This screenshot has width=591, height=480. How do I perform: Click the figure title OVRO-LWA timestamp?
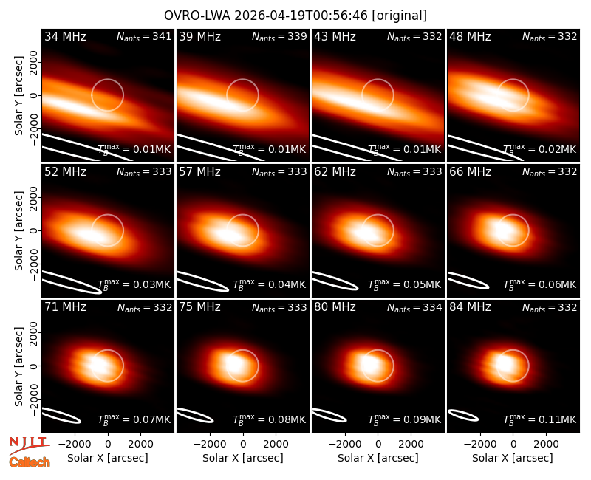pyautogui.click(x=295, y=16)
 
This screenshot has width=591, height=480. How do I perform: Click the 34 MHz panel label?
pyautogui.click(x=65, y=36)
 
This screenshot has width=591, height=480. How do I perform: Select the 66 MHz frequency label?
pyautogui.click(x=470, y=172)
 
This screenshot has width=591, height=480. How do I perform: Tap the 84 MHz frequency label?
pyautogui.click(x=470, y=307)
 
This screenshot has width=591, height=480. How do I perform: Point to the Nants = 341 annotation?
pyautogui.click(x=144, y=36)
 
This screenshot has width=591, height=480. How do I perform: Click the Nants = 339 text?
pyautogui.click(x=279, y=36)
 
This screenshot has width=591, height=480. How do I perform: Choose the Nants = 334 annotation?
pyautogui.click(x=414, y=307)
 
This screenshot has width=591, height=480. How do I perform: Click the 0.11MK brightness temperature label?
pyautogui.click(x=540, y=419)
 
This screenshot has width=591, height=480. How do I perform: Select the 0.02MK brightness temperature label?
pyautogui.click(x=540, y=149)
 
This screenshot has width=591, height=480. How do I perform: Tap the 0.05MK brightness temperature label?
pyautogui.click(x=404, y=284)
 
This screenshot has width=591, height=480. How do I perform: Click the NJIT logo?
pyautogui.click(x=29, y=445)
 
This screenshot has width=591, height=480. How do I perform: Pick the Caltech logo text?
pyautogui.click(x=30, y=462)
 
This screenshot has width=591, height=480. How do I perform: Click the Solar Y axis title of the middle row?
pyautogui.click(x=19, y=230)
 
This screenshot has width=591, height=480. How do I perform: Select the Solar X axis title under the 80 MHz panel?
pyautogui.click(x=378, y=458)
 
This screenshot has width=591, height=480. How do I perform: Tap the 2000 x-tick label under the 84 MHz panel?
pyautogui.click(x=546, y=444)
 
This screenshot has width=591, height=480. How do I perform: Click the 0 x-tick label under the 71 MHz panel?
pyautogui.click(x=108, y=444)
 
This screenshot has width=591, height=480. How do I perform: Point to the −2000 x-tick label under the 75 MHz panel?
pyautogui.click(x=209, y=444)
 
